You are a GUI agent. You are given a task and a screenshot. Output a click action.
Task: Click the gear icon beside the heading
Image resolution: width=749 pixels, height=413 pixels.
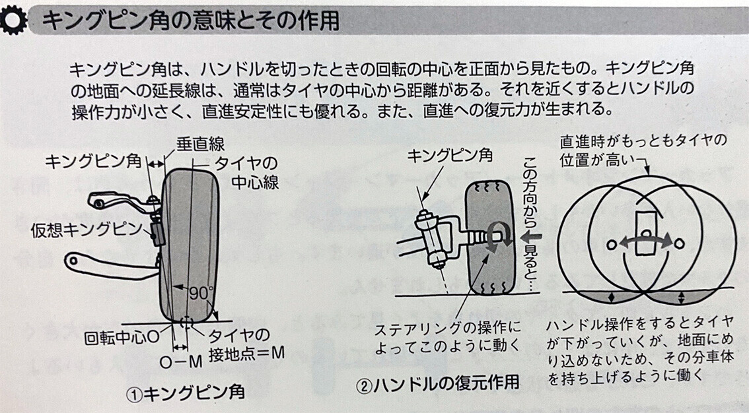(13, 20)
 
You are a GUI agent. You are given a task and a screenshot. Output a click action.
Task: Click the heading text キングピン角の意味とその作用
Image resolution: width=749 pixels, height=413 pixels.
(191, 20)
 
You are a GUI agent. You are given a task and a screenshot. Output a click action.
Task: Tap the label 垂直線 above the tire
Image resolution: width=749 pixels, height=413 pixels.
(201, 144)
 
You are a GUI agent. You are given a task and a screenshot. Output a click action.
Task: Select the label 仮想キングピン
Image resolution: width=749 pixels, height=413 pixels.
(87, 230)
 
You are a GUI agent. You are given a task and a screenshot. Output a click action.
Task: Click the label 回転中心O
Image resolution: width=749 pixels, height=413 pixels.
(122, 338)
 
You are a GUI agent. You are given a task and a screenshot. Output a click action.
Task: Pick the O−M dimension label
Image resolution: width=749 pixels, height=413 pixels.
(180, 362)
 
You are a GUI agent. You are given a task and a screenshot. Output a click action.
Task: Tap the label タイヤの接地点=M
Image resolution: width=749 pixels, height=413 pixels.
(246, 345)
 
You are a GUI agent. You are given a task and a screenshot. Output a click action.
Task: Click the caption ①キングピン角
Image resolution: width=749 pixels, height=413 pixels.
(186, 393)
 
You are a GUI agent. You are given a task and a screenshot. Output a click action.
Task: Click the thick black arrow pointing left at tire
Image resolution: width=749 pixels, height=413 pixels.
(532, 236)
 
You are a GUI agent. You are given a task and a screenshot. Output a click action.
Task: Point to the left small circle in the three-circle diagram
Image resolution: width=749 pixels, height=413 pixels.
(612, 245)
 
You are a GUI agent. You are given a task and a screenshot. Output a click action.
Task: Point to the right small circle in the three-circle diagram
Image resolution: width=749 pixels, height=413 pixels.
(679, 244)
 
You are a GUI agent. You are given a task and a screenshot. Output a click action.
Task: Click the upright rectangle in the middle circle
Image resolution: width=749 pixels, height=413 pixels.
(645, 233)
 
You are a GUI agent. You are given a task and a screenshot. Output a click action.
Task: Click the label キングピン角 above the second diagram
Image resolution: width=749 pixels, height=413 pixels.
(450, 155)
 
